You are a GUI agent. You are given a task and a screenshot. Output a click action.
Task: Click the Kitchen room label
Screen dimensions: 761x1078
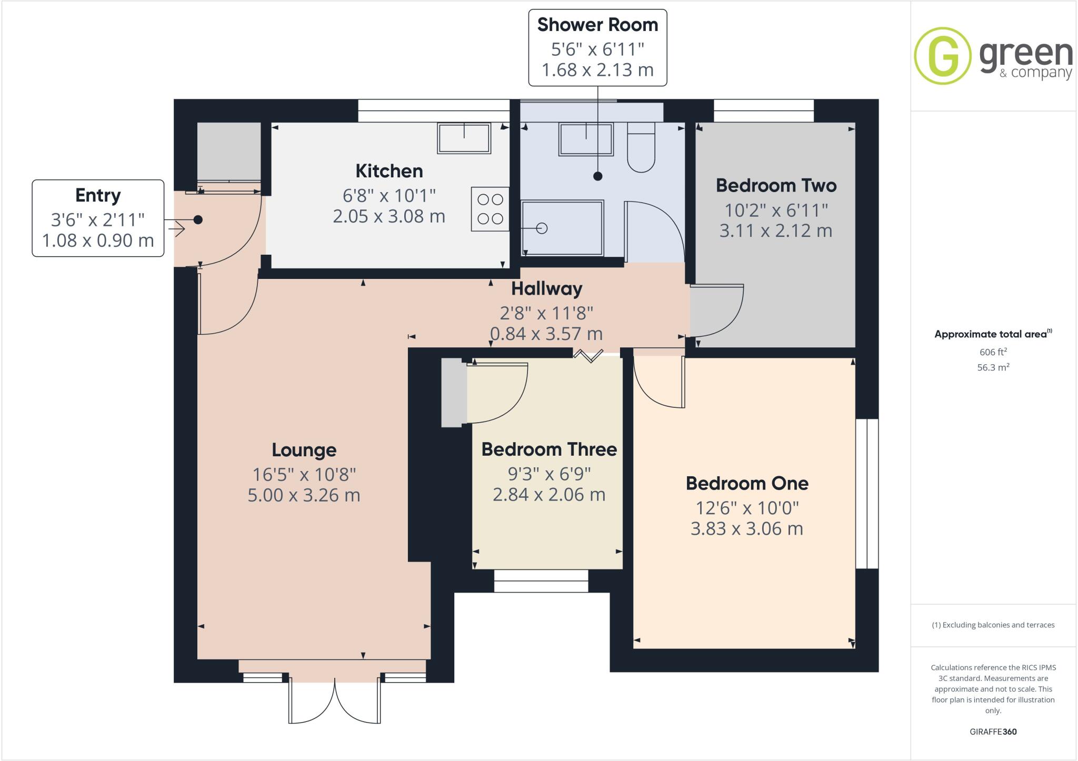(389, 171)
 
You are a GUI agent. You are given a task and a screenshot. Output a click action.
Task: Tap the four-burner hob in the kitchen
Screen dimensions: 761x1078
(490, 209)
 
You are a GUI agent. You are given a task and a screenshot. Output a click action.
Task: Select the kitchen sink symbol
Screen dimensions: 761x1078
(464, 138)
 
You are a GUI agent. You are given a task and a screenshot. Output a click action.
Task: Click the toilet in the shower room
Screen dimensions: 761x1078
(641, 148)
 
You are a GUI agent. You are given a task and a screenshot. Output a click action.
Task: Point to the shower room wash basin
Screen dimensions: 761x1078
(586, 139)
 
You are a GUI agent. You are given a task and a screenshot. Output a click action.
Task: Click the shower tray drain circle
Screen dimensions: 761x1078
(542, 228)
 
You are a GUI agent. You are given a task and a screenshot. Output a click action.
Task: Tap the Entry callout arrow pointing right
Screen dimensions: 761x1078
(177, 230)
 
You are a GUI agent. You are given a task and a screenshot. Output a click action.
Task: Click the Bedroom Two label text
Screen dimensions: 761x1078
(776, 185)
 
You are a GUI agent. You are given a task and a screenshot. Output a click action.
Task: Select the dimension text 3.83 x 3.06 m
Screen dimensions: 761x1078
(746, 528)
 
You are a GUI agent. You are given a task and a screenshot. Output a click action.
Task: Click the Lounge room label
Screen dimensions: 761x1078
(304, 450)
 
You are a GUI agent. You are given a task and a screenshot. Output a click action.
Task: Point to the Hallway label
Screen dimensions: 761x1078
(546, 288)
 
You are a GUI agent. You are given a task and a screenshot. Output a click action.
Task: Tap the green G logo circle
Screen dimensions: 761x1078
(942, 56)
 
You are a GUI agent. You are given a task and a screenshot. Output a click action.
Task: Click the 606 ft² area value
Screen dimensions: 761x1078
(993, 352)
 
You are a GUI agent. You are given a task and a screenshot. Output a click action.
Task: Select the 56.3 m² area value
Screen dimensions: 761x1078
(993, 367)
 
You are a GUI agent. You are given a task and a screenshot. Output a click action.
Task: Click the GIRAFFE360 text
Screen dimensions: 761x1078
(993, 732)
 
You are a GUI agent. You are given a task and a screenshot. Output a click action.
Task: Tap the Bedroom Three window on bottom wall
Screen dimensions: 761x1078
(541, 581)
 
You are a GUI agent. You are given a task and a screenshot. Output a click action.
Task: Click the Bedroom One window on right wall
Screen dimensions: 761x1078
(866, 494)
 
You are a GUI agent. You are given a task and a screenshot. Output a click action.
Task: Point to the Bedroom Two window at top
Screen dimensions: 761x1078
(763, 111)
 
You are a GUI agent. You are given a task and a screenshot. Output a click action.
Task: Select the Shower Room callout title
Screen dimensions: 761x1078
(597, 25)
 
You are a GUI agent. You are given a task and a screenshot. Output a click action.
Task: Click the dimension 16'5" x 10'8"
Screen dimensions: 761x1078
(304, 475)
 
